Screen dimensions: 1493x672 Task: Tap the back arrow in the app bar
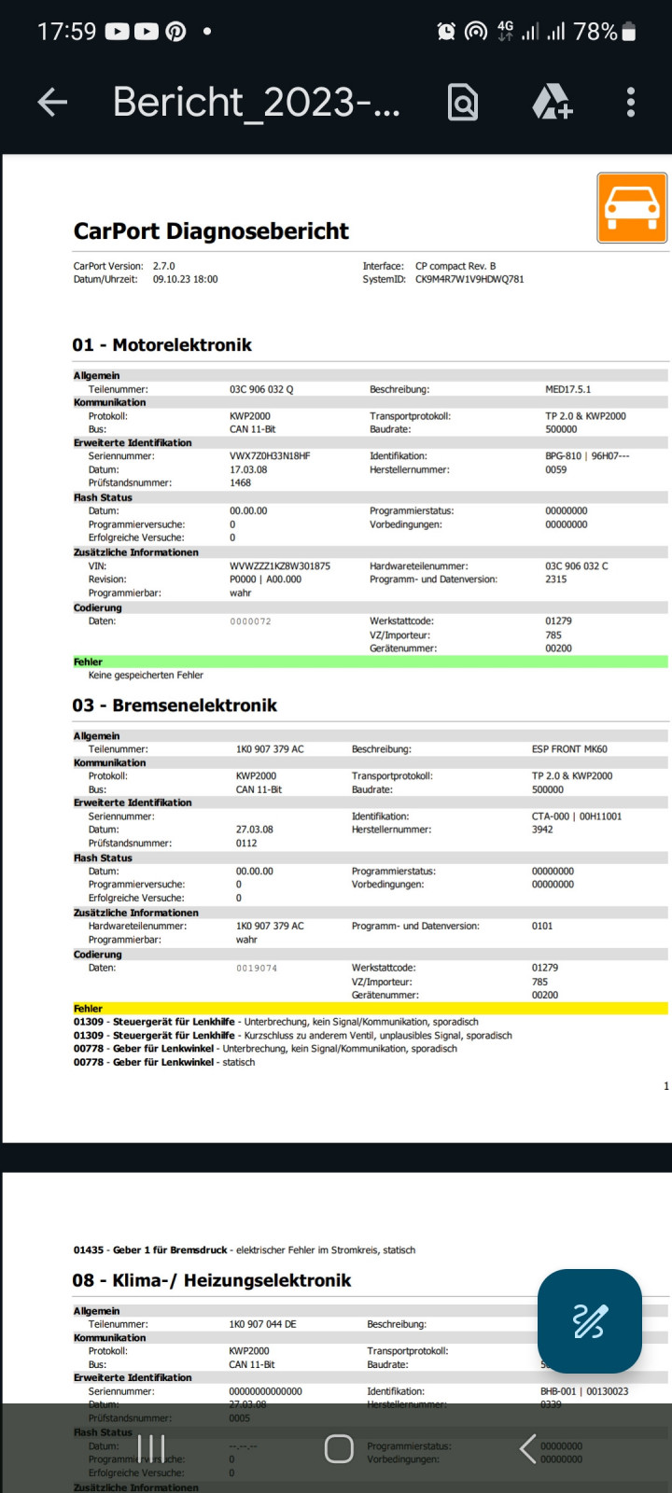pos(52,103)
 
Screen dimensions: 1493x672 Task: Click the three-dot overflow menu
pos(631,103)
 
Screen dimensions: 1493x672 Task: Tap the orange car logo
pos(632,208)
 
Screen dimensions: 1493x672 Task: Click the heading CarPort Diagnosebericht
pos(211,231)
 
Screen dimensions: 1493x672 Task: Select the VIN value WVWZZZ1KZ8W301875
pos(280,566)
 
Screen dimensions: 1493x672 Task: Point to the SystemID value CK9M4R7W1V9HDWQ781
pos(469,279)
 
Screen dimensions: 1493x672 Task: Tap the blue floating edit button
pos(589,1321)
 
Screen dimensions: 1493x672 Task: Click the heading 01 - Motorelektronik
pos(162,345)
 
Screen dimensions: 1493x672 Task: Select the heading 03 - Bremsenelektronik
pos(175,705)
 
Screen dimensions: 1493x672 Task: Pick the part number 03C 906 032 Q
pos(261,389)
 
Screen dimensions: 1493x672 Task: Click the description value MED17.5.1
pos(567,389)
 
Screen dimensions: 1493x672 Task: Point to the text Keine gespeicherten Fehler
pos(146,675)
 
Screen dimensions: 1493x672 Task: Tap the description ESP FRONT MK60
pos(569,749)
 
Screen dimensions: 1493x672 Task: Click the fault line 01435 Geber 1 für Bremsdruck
pos(245,1250)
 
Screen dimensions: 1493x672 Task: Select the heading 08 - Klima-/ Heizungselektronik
pos(212,1280)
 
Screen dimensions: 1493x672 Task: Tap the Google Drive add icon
pos(552,103)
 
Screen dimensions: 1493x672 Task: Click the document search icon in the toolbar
pos(463,103)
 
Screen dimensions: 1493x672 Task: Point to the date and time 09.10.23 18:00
pos(186,279)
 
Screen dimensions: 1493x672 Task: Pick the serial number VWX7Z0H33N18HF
pos(270,456)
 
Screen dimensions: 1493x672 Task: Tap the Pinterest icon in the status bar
pos(175,32)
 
